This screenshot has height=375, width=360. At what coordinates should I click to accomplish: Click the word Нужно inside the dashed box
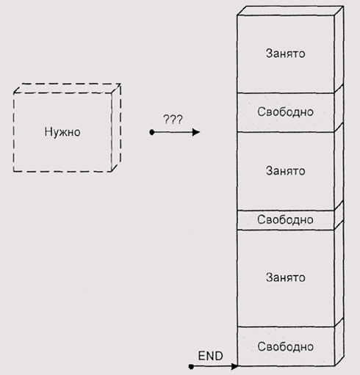62,132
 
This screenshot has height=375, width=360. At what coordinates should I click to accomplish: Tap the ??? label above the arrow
173,120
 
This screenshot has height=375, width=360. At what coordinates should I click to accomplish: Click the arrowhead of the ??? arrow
196,132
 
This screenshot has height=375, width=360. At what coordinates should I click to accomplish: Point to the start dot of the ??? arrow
152,132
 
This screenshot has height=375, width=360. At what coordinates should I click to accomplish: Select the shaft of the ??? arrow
173,132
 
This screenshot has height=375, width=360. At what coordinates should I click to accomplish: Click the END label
210,356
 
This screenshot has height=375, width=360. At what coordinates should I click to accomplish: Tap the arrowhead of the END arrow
234,366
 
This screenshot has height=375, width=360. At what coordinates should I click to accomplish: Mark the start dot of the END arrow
191,366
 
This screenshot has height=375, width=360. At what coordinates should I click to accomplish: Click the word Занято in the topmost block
286,54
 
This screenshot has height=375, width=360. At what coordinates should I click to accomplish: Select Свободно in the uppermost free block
285,112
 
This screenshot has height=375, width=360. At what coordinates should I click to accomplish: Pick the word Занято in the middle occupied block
286,171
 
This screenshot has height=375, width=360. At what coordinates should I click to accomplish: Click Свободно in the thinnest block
285,219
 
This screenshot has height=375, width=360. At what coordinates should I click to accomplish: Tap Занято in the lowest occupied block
286,277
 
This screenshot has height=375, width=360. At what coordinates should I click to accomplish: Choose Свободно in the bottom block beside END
286,346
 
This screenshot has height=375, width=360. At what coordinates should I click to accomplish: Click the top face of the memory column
290,11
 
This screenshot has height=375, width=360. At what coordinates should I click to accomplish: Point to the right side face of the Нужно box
116,128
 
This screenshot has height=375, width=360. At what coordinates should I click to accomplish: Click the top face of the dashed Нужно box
67,88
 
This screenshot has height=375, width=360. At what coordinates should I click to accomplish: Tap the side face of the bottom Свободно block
339,342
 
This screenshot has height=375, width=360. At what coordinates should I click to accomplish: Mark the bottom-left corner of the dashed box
14,172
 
